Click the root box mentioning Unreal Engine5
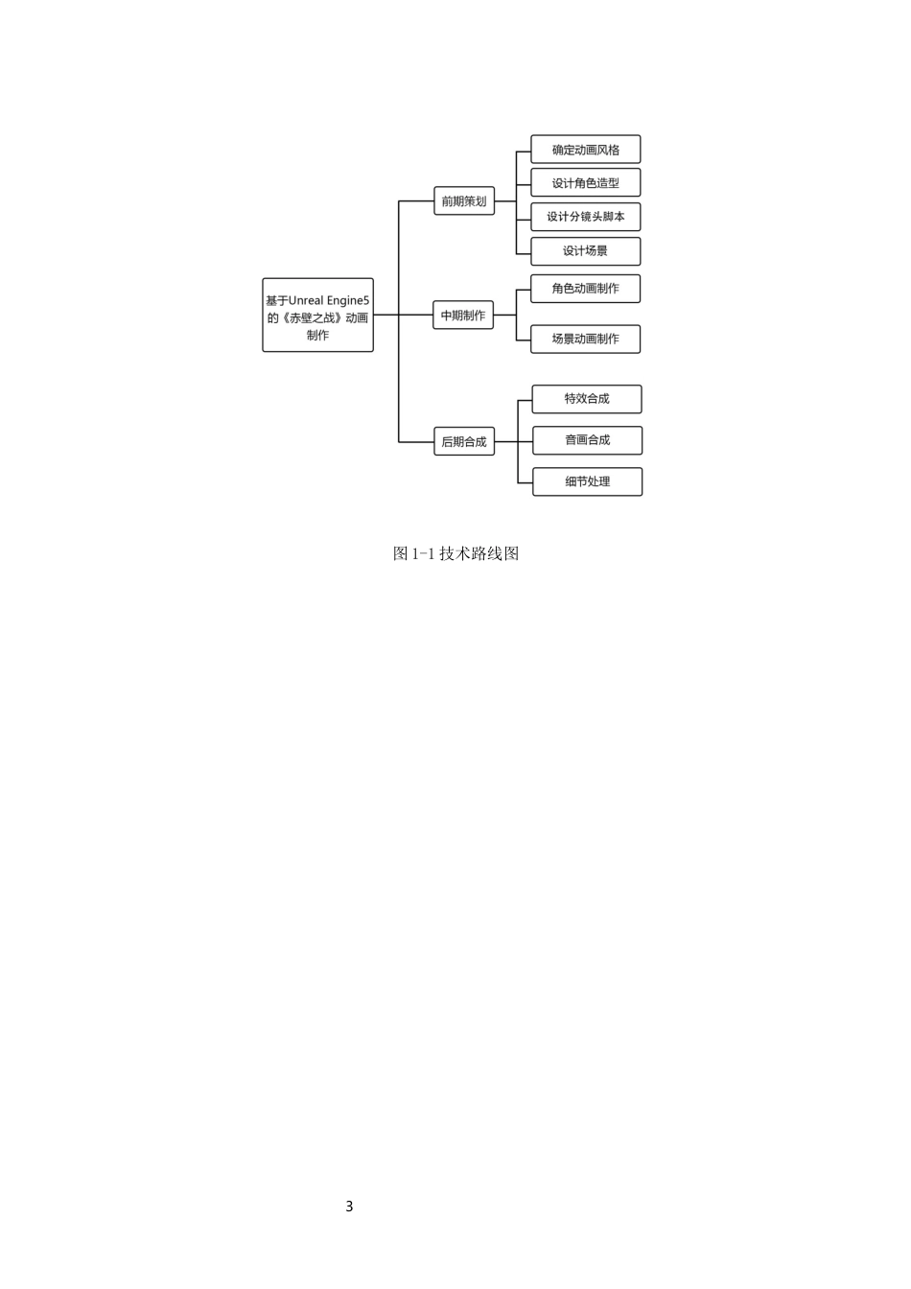[317, 315]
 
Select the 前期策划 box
[464, 200]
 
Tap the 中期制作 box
[463, 315]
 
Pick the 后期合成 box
[464, 441]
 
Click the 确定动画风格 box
[585, 150]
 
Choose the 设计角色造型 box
[585, 183]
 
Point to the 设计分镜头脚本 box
[585, 217]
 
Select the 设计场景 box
[585, 251]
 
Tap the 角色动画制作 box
[585, 289]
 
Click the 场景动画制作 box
[585, 339]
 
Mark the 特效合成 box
[587, 399]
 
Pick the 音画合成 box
[587, 440]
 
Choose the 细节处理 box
[587, 481]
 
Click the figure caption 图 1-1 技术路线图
[455, 553]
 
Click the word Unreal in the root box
[307, 300]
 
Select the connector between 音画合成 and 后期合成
[513, 441]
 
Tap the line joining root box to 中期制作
[403, 315]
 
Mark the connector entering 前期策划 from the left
[416, 200]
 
